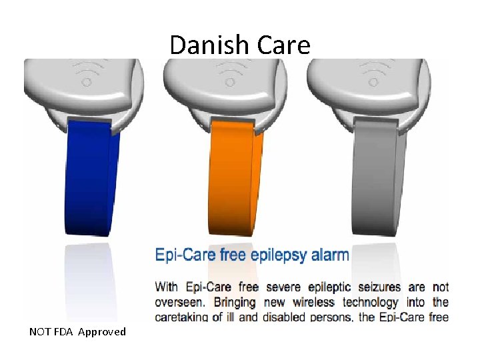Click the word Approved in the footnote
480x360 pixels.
[101, 332]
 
